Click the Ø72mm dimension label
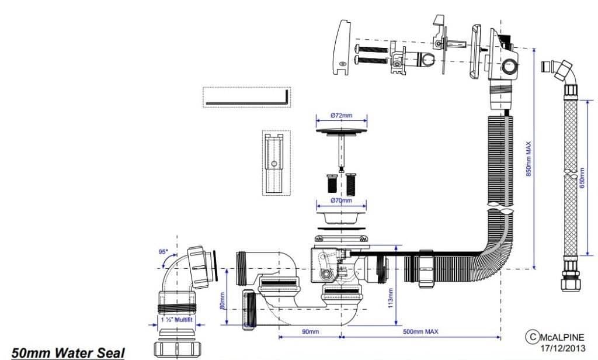[341, 115]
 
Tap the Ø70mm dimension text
[341, 200]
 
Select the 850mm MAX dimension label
[529, 159]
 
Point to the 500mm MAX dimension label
[420, 331]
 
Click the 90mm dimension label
[310, 331]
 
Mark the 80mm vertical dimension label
[222, 300]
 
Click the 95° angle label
[164, 251]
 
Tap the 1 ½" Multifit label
[176, 320]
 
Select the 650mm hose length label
[582, 178]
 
